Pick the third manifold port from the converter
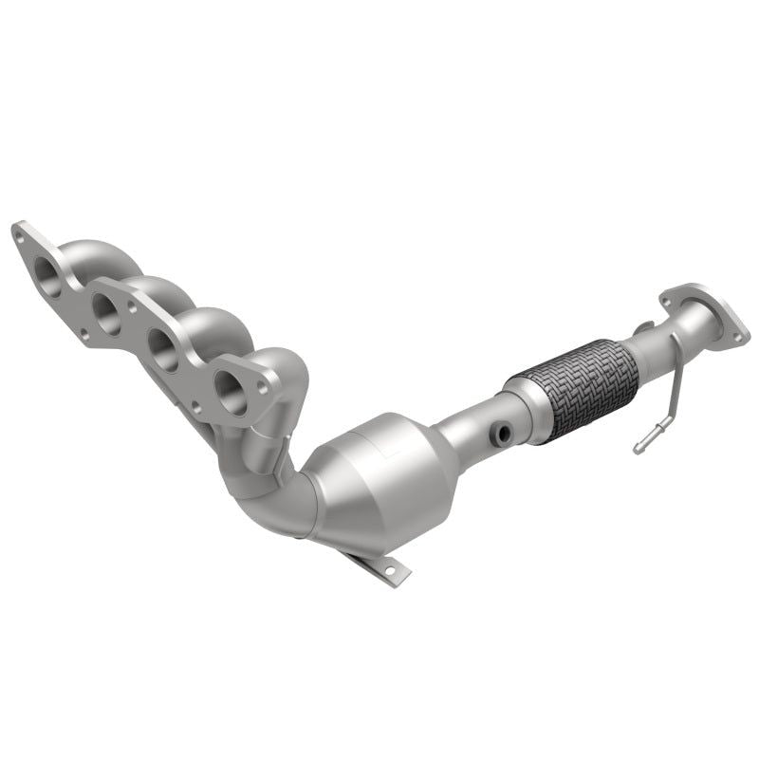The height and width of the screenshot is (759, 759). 104,307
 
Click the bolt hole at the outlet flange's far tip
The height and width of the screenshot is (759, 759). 737,331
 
